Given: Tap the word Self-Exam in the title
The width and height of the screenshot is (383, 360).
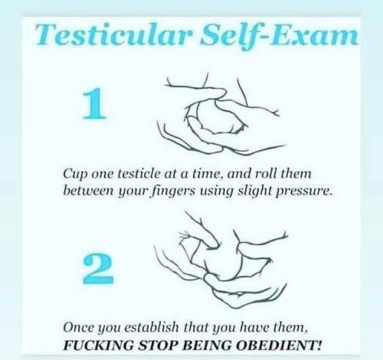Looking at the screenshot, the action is click(x=279, y=36).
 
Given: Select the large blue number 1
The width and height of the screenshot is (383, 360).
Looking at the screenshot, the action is click(x=94, y=103).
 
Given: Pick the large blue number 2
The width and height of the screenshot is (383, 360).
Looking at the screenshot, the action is click(x=98, y=269).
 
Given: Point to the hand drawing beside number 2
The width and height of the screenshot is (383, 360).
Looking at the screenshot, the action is click(x=221, y=259).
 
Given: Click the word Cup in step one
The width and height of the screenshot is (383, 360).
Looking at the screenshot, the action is click(x=75, y=175).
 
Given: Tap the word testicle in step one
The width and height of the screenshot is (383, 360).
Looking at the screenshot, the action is click(x=139, y=174).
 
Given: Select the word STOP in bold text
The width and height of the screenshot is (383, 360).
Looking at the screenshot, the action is click(x=159, y=345).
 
